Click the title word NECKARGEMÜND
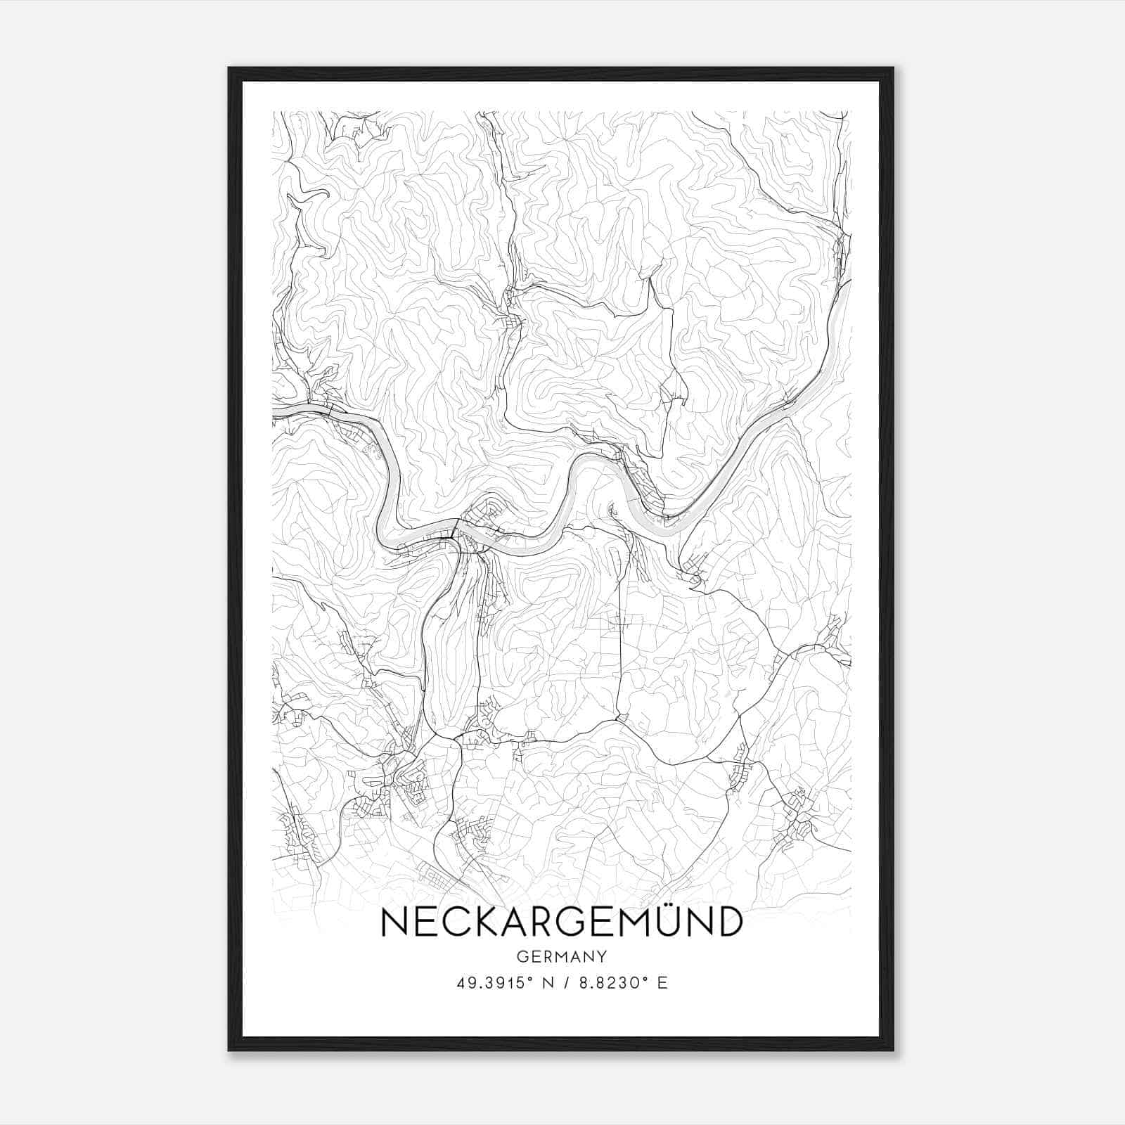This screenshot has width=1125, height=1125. click(561, 922)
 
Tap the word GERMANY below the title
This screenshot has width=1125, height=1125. click(561, 957)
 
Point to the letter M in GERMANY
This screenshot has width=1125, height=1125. click(563, 957)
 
